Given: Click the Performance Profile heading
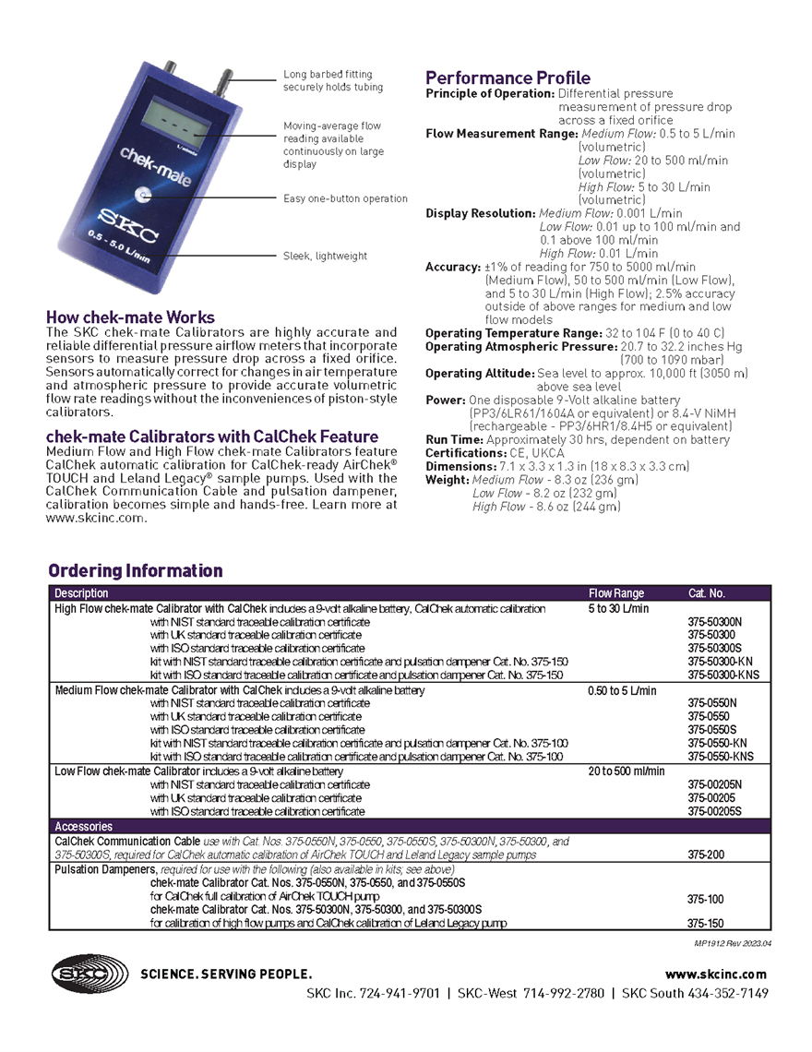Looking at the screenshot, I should (x=507, y=78).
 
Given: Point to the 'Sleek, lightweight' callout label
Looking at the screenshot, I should (x=325, y=256).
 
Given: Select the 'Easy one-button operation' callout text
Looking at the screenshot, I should (x=345, y=198).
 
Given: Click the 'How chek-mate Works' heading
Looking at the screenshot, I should (x=130, y=317).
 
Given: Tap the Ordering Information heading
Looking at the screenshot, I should (x=136, y=570).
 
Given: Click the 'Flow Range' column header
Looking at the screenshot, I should (x=616, y=593).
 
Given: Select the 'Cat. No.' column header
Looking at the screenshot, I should (x=707, y=593).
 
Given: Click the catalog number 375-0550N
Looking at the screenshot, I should (x=712, y=702).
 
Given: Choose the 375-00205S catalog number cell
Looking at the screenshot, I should (x=714, y=811).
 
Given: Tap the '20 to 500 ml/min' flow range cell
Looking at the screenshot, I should (x=627, y=771).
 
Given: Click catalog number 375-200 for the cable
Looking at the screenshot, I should (x=706, y=855).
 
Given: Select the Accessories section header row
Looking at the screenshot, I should (x=84, y=827).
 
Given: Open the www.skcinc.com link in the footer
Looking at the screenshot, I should (x=716, y=974).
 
